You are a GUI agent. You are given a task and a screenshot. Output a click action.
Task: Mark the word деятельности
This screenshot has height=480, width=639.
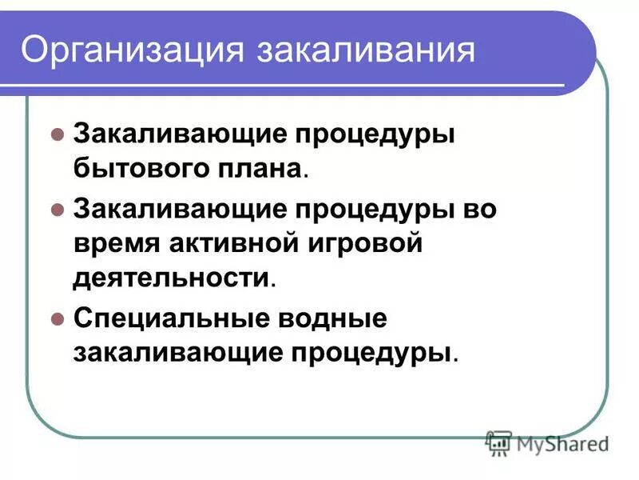[171, 278]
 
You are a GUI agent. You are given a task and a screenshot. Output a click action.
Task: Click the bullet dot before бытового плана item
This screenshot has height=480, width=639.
[56, 134]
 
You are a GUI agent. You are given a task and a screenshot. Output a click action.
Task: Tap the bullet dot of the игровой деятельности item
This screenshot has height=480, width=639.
[56, 209]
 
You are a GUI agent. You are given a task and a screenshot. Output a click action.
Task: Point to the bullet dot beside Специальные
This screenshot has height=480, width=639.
[56, 318]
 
